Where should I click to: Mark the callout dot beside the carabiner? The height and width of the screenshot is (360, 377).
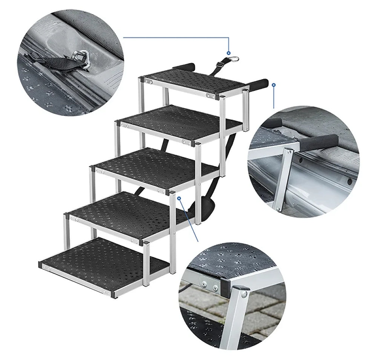tap(228, 53)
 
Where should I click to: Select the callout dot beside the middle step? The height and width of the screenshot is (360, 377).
tap(179, 197)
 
